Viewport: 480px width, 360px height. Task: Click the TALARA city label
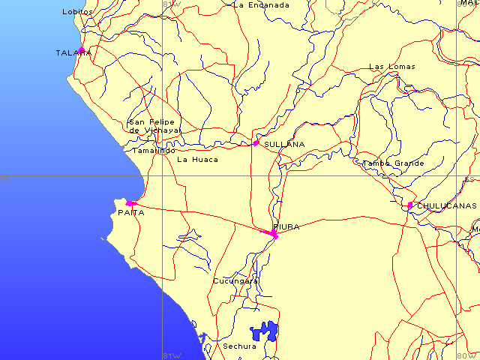pyautogui.click(x=73, y=53)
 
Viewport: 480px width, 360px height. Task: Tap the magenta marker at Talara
pyautogui.click(x=82, y=51)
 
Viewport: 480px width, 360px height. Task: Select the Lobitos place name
pyautogui.click(x=78, y=11)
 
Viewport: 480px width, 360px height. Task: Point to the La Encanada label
pyautogui.click(x=261, y=4)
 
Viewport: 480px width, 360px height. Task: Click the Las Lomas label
pyautogui.click(x=391, y=67)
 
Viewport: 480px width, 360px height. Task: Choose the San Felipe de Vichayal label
pyautogui.click(x=154, y=126)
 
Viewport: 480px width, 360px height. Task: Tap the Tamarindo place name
pyautogui.click(x=154, y=150)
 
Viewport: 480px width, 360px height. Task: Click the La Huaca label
pyautogui.click(x=197, y=159)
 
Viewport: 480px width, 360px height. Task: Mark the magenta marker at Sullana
pyautogui.click(x=256, y=142)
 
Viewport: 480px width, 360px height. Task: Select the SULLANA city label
pyautogui.click(x=284, y=144)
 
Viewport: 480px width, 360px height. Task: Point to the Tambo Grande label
pyautogui.click(x=393, y=163)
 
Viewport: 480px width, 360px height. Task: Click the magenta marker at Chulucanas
pyautogui.click(x=409, y=205)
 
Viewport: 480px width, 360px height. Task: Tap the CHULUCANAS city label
pyautogui.click(x=446, y=205)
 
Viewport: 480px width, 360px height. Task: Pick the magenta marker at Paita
pyautogui.click(x=130, y=203)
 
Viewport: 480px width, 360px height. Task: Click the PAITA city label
pyautogui.click(x=130, y=213)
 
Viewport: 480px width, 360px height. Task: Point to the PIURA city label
pyautogui.click(x=286, y=226)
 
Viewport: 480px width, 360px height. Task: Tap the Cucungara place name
pyautogui.click(x=235, y=281)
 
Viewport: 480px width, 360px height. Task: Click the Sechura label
pyautogui.click(x=239, y=346)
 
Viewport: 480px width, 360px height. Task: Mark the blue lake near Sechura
pyautogui.click(x=264, y=331)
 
